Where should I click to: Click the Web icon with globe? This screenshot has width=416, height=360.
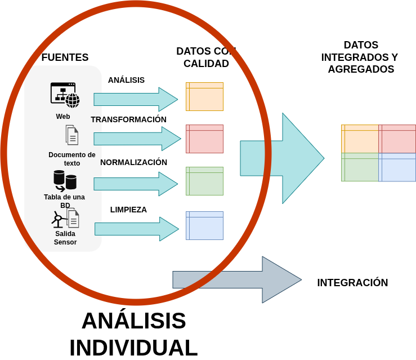65,95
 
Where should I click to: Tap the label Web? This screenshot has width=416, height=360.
63,117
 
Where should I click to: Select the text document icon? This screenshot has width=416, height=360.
71,135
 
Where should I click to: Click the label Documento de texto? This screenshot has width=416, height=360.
71,159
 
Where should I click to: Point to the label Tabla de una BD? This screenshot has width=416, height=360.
65,201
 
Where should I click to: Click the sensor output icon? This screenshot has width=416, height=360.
65,219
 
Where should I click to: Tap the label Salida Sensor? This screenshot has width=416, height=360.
65,238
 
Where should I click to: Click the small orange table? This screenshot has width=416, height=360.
204,96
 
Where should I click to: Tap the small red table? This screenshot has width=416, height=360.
204,139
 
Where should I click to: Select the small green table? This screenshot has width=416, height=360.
204,181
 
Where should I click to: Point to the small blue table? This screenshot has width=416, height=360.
204,225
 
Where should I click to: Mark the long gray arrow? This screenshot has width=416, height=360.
236,279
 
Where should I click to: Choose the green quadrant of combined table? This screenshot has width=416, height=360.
360,168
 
